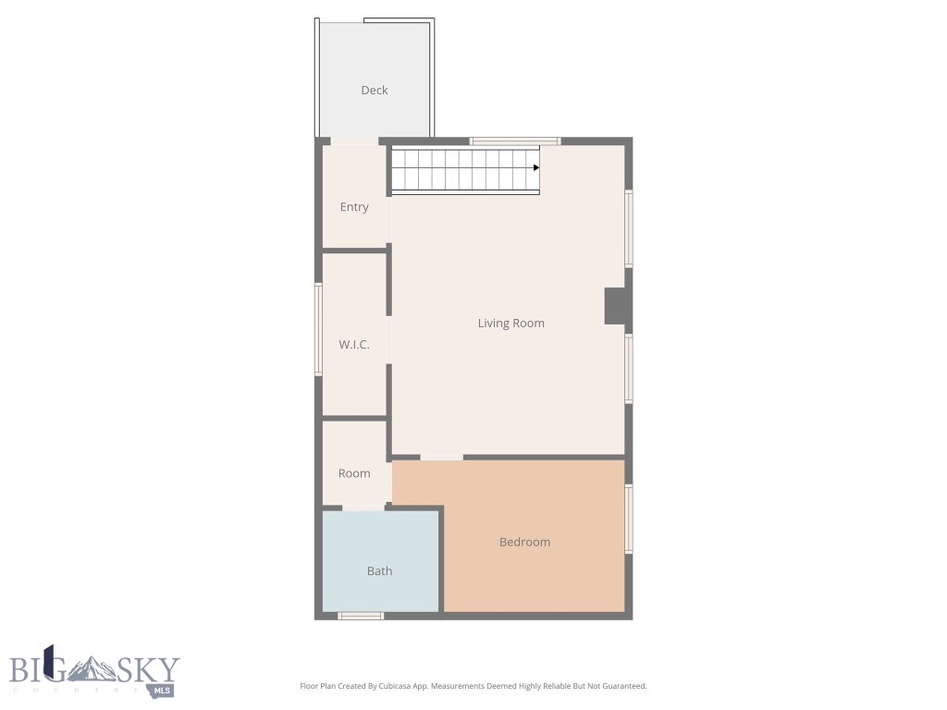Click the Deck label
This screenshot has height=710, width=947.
tap(374, 90)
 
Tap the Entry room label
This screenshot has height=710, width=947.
tap(354, 207)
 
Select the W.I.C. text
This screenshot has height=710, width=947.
tap(354, 345)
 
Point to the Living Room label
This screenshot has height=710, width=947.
tap(510, 323)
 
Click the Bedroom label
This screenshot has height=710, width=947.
tap(524, 542)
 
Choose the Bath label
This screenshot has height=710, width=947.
tap(379, 571)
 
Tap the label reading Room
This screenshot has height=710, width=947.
tap(354, 473)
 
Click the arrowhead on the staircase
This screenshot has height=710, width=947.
tap(535, 168)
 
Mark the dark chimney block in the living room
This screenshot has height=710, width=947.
tap(616, 306)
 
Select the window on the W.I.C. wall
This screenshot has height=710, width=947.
tap(318, 329)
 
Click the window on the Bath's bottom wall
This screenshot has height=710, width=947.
tap(360, 616)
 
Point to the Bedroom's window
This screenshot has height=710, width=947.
tap(629, 520)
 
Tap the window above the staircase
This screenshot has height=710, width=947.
tap(514, 141)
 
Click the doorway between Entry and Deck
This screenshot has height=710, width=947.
tap(354, 141)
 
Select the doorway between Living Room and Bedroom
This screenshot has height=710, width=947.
tap(441, 457)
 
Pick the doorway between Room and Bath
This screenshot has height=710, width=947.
tap(363, 508)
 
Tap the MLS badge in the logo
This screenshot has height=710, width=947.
tap(164, 690)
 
